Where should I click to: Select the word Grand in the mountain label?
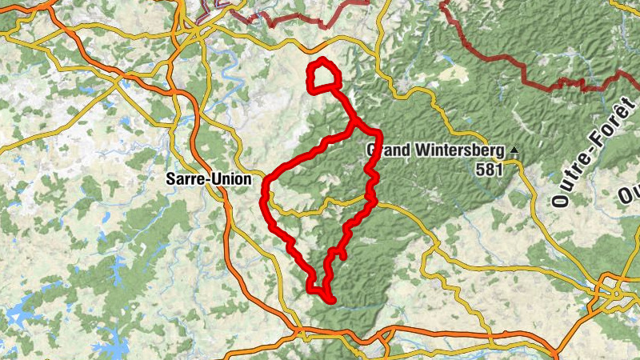(386, 149)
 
